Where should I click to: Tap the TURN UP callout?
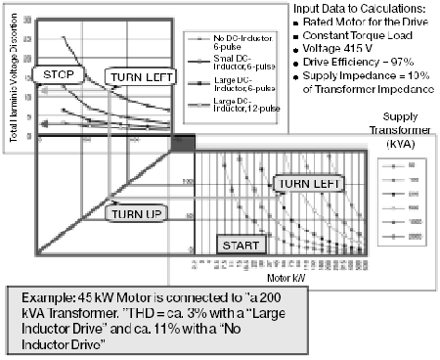pyautogui.click(x=134, y=212)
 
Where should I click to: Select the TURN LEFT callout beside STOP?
pyautogui.click(x=139, y=75)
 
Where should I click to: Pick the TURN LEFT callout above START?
pyautogui.click(x=308, y=183)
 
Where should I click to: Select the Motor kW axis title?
pyautogui.click(x=308, y=277)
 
